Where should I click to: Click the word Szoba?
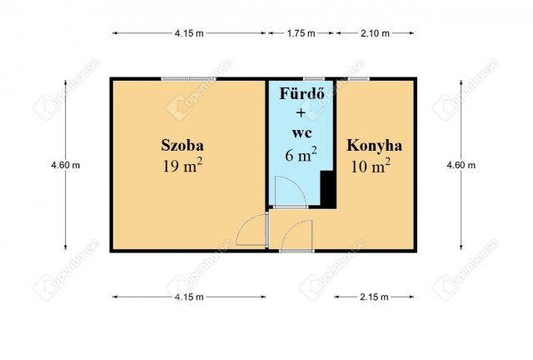[x=182, y=145]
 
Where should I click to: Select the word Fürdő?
[x=300, y=93]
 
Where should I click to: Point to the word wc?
[x=301, y=133]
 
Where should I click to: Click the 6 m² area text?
[x=301, y=154]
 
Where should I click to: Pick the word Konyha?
[x=375, y=145]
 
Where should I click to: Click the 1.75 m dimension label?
[x=301, y=33]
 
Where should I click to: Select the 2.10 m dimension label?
[x=375, y=33]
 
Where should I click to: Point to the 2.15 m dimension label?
[x=375, y=296]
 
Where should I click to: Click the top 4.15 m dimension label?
[x=189, y=33]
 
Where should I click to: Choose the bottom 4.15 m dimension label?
[x=189, y=296]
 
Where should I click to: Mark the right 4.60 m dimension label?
[x=461, y=165]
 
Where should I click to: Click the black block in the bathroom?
[x=328, y=187]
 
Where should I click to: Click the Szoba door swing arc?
[x=249, y=231]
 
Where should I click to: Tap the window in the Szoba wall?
[x=189, y=79]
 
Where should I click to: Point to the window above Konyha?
[x=359, y=79]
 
